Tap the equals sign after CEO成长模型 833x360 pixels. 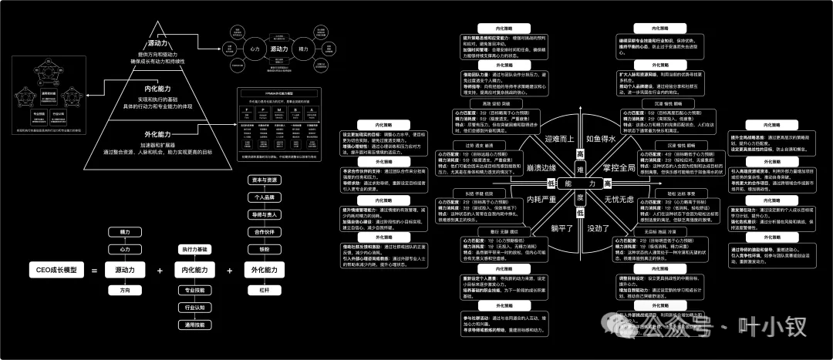[93, 271]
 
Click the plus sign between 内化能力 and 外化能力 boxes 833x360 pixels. [229, 271]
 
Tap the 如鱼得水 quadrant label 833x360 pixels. [622, 139]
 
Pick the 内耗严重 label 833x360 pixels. [541, 200]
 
